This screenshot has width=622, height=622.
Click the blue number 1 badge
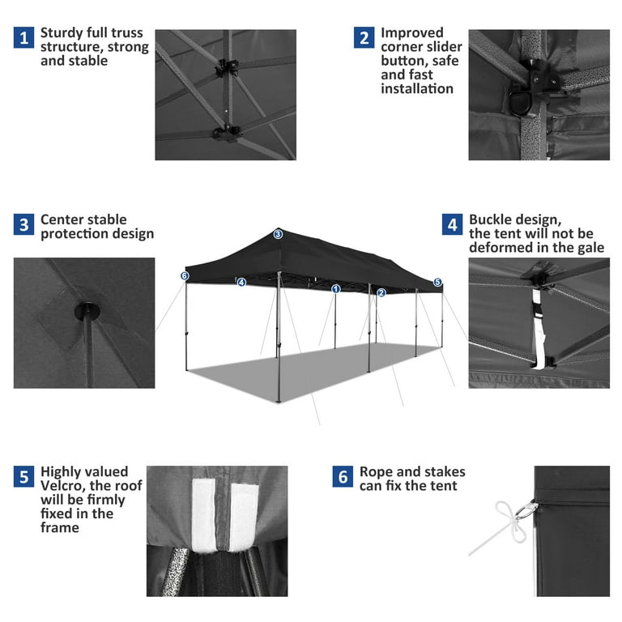[23, 37]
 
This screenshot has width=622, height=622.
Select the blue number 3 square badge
[23, 224]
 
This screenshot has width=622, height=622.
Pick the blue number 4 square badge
[452, 224]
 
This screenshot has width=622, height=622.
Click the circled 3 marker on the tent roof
[278, 234]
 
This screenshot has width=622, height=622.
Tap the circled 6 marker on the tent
[185, 276]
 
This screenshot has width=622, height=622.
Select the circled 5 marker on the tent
[437, 283]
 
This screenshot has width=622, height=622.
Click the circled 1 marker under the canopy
[336, 288]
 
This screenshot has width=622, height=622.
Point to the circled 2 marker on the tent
[381, 292]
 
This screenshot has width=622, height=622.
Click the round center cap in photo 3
[84, 311]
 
